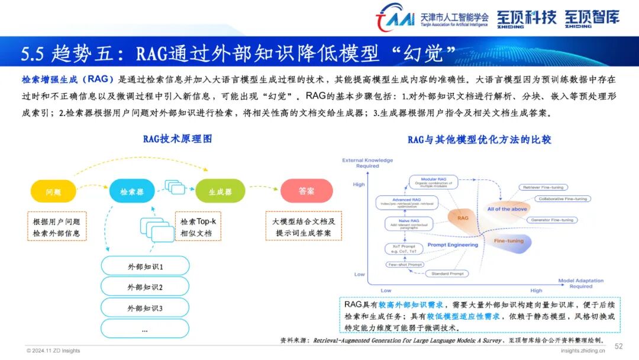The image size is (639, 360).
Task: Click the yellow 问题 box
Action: (53, 191)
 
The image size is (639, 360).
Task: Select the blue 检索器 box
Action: (132, 191)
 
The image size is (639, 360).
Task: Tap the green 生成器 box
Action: (220, 191)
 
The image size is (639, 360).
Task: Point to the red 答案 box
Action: (306, 191)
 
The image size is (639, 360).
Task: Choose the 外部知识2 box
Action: (145, 287)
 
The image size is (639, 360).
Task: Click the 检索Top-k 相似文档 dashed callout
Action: (198, 227)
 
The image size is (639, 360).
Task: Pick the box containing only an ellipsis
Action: (145, 329)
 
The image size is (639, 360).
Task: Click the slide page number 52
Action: (619, 346)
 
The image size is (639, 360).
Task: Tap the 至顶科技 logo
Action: (527, 18)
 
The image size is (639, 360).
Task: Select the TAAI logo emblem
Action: (395, 18)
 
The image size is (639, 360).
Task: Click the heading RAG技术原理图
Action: (177, 140)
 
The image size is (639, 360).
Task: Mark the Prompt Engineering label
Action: (452, 245)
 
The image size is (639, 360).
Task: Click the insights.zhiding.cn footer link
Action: (583, 351)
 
